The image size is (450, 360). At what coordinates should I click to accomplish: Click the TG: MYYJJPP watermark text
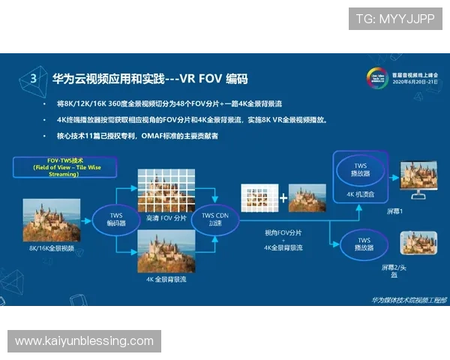coord(394,19)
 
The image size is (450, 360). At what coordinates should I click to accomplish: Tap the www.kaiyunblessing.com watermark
coord(84,341)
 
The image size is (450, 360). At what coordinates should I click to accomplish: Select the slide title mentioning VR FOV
coord(150,78)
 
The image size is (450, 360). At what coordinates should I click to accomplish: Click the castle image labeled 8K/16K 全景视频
coord(52,220)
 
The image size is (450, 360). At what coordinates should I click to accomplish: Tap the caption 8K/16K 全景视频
coord(52,247)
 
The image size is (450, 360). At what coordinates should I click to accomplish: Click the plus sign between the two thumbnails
coord(283,199)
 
